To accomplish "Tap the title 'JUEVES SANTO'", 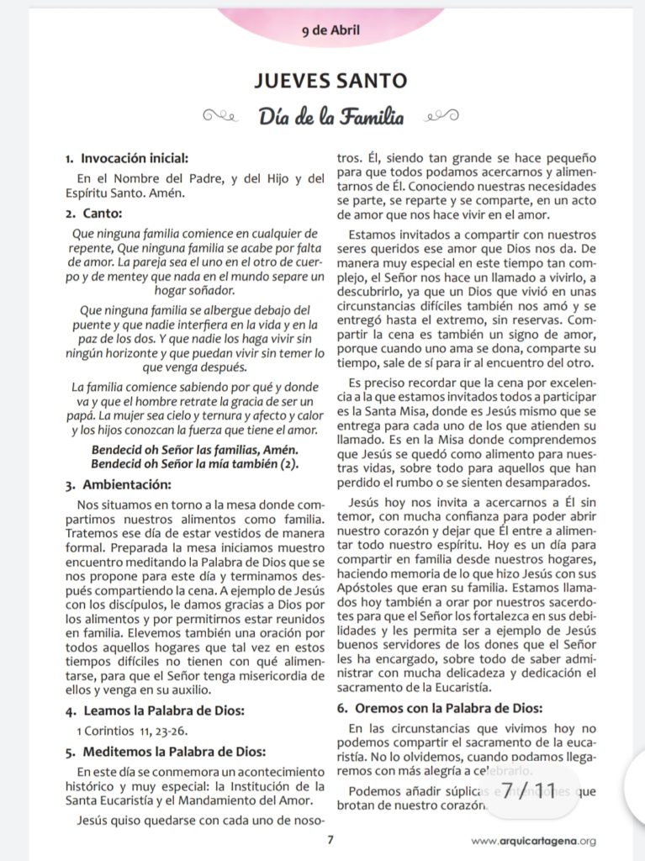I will tap(330, 82).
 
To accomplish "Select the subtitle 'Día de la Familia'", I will tap(330, 117).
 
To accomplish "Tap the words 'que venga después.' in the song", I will tap(194, 367).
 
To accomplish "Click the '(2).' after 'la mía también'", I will tap(286, 463).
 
